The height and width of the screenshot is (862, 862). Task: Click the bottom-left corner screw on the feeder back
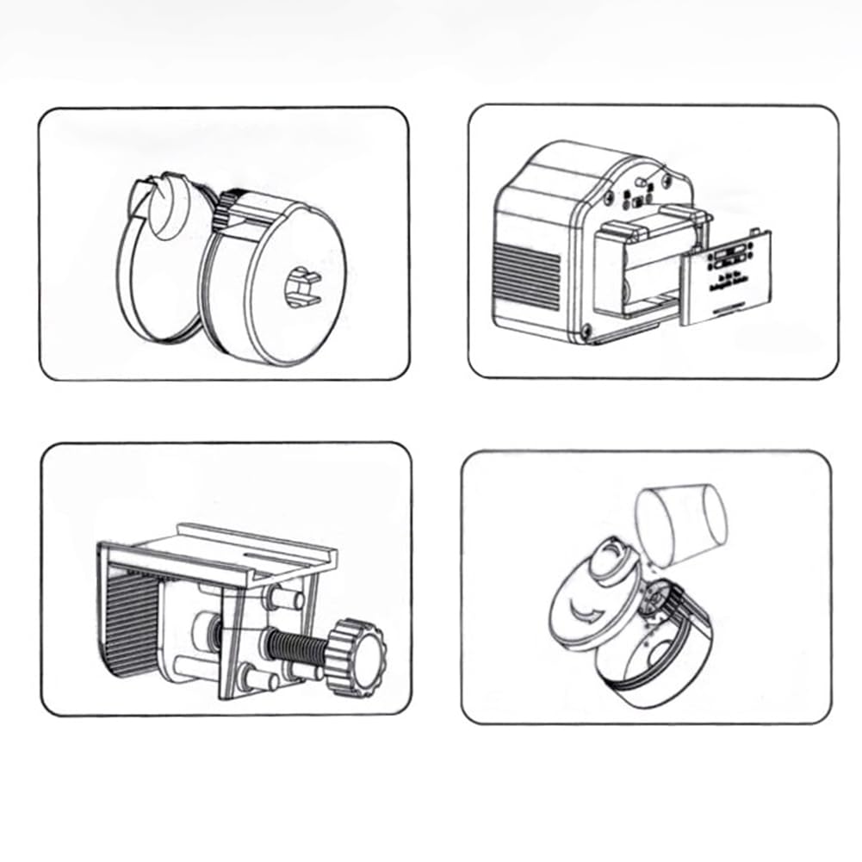586,328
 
